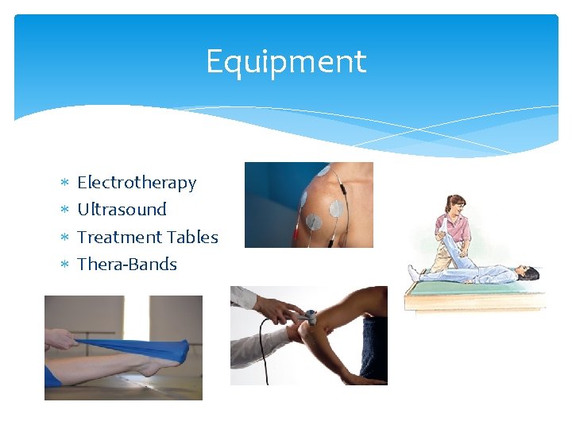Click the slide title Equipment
click(286, 62)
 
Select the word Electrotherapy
click(136, 183)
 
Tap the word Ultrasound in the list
click(122, 210)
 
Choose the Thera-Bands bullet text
click(127, 264)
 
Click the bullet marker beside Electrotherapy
click(64, 184)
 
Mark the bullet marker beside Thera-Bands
click(64, 265)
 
